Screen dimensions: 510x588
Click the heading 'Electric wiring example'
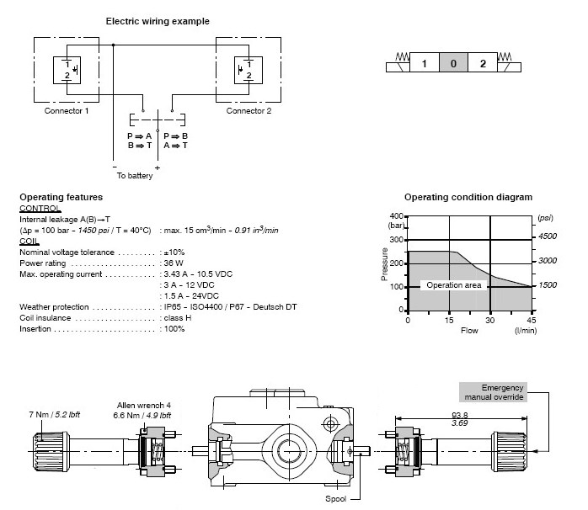pyautogui.click(x=158, y=20)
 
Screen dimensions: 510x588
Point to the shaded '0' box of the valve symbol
pyautogui.click(x=454, y=64)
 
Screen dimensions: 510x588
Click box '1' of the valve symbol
pyautogui.click(x=425, y=64)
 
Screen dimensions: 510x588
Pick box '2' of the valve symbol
pyautogui.click(x=483, y=64)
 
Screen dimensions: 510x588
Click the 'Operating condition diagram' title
pyautogui.click(x=468, y=197)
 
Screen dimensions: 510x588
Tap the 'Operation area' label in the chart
pyautogui.click(x=453, y=286)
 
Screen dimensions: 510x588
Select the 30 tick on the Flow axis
pyautogui.click(x=490, y=320)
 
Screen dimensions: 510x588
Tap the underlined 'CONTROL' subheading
pyautogui.click(x=40, y=207)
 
